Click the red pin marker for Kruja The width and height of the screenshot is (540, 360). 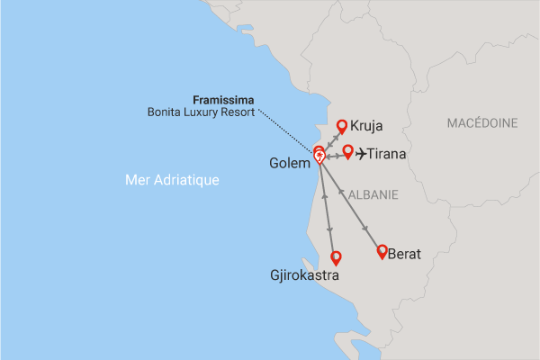(342, 127)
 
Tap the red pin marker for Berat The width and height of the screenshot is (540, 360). (382, 251)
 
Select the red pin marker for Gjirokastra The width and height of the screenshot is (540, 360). (337, 257)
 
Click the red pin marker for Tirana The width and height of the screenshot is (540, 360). (348, 150)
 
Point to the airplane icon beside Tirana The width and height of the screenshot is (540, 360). (363, 154)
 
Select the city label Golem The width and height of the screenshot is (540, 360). (290, 164)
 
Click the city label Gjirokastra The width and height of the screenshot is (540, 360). (304, 276)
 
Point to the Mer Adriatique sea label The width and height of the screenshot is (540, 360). (172, 181)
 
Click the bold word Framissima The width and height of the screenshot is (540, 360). (225, 99)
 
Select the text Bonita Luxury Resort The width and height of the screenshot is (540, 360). (201, 112)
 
